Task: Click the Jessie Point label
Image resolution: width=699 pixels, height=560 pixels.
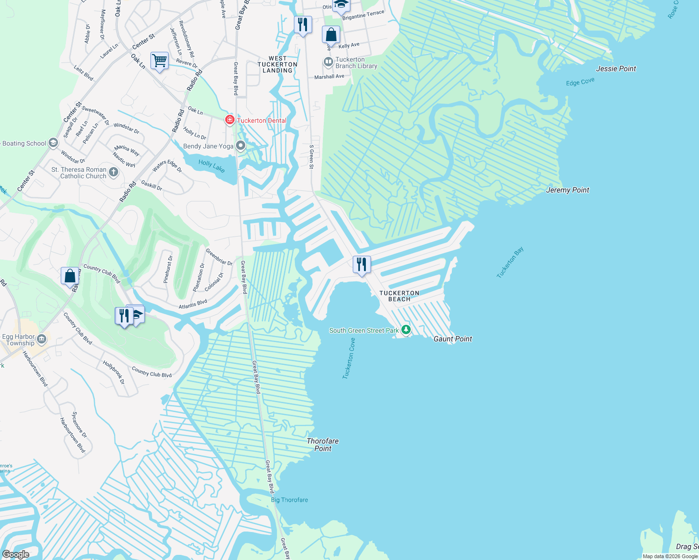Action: (616, 69)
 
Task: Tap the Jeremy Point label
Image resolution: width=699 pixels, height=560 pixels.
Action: (567, 190)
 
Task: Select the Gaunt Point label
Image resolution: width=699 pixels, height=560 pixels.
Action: (452, 339)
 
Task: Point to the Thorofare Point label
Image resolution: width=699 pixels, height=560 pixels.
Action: (322, 445)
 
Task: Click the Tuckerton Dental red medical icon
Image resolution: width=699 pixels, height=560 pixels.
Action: (229, 120)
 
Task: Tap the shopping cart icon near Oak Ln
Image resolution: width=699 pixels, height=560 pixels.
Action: (159, 61)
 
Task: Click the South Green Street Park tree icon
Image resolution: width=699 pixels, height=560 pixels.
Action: (406, 330)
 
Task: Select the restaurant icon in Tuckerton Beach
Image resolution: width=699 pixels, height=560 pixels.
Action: (361, 265)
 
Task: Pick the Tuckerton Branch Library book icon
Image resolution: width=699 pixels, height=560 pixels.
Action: (328, 62)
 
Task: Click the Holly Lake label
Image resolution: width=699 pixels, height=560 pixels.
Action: (211, 166)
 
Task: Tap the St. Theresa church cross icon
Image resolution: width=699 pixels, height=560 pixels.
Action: (114, 173)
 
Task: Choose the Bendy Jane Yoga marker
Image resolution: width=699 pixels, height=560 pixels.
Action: (241, 146)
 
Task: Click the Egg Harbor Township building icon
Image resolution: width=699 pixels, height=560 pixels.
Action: (42, 339)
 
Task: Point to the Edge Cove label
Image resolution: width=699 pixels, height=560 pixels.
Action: (580, 82)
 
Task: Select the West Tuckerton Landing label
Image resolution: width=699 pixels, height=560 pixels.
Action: (277, 65)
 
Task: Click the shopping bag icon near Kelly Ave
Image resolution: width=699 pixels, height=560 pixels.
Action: (331, 35)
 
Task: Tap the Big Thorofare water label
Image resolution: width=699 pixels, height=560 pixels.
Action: (289, 500)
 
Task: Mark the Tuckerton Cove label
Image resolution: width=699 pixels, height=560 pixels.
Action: (349, 358)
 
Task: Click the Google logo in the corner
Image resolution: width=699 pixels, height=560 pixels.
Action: (15, 554)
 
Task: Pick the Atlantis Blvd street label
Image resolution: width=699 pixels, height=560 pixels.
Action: (193, 304)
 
